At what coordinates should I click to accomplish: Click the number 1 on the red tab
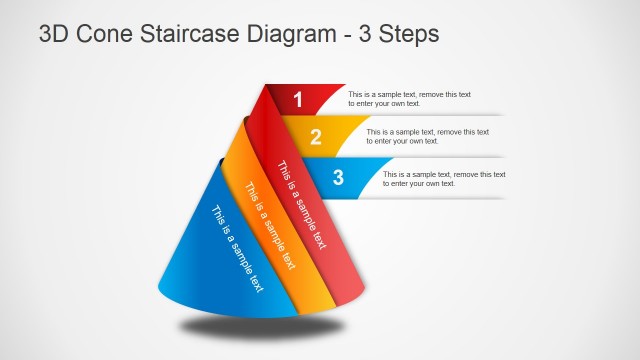297,99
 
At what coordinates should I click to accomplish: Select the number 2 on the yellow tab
316,138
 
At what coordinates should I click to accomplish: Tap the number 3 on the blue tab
338,178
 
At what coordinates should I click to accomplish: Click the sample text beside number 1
409,98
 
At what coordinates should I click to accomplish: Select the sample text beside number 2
428,136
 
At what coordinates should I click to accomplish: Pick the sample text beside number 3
445,178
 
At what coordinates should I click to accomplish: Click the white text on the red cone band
301,204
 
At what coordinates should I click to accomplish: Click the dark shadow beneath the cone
262,326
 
